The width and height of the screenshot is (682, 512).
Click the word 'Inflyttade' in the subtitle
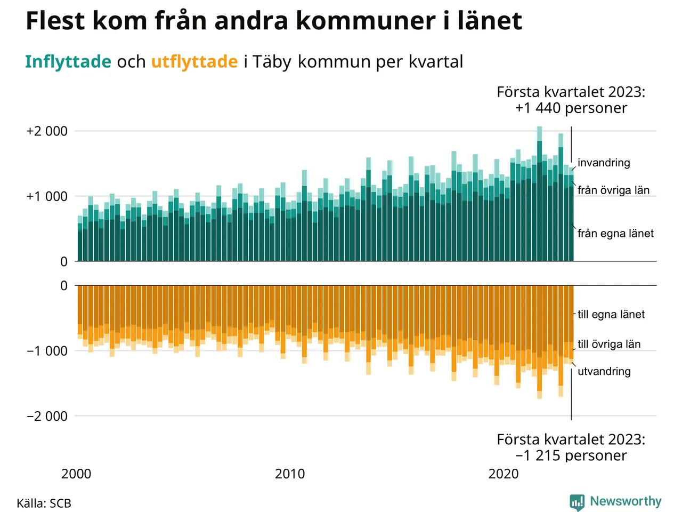pos(68,62)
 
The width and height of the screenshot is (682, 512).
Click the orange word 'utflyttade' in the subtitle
pos(194,62)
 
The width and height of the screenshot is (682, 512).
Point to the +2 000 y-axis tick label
pos(47,131)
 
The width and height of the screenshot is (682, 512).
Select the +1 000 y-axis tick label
pos(47,196)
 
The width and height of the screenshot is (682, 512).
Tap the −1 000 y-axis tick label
pos(47,351)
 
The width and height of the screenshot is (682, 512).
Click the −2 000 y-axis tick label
pos(47,416)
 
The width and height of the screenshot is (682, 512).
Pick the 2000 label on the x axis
pos(76,474)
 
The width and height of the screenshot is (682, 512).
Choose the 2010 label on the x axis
pos(290,474)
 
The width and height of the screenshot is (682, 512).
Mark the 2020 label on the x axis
pos(504,474)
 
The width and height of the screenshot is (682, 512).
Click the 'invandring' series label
pos(604,163)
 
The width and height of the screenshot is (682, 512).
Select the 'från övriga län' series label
pos(613,190)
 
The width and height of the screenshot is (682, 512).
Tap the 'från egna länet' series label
pos(615,234)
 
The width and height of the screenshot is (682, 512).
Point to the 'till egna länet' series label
pos(611,315)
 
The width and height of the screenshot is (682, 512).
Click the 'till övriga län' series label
pos(609,345)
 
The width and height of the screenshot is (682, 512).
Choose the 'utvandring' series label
pos(604,372)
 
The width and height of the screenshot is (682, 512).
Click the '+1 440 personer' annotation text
pos(571,108)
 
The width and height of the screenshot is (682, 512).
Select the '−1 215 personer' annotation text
pos(571,455)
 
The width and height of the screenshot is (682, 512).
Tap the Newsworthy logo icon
pos(577,502)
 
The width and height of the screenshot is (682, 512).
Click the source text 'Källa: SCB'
pos(44,503)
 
